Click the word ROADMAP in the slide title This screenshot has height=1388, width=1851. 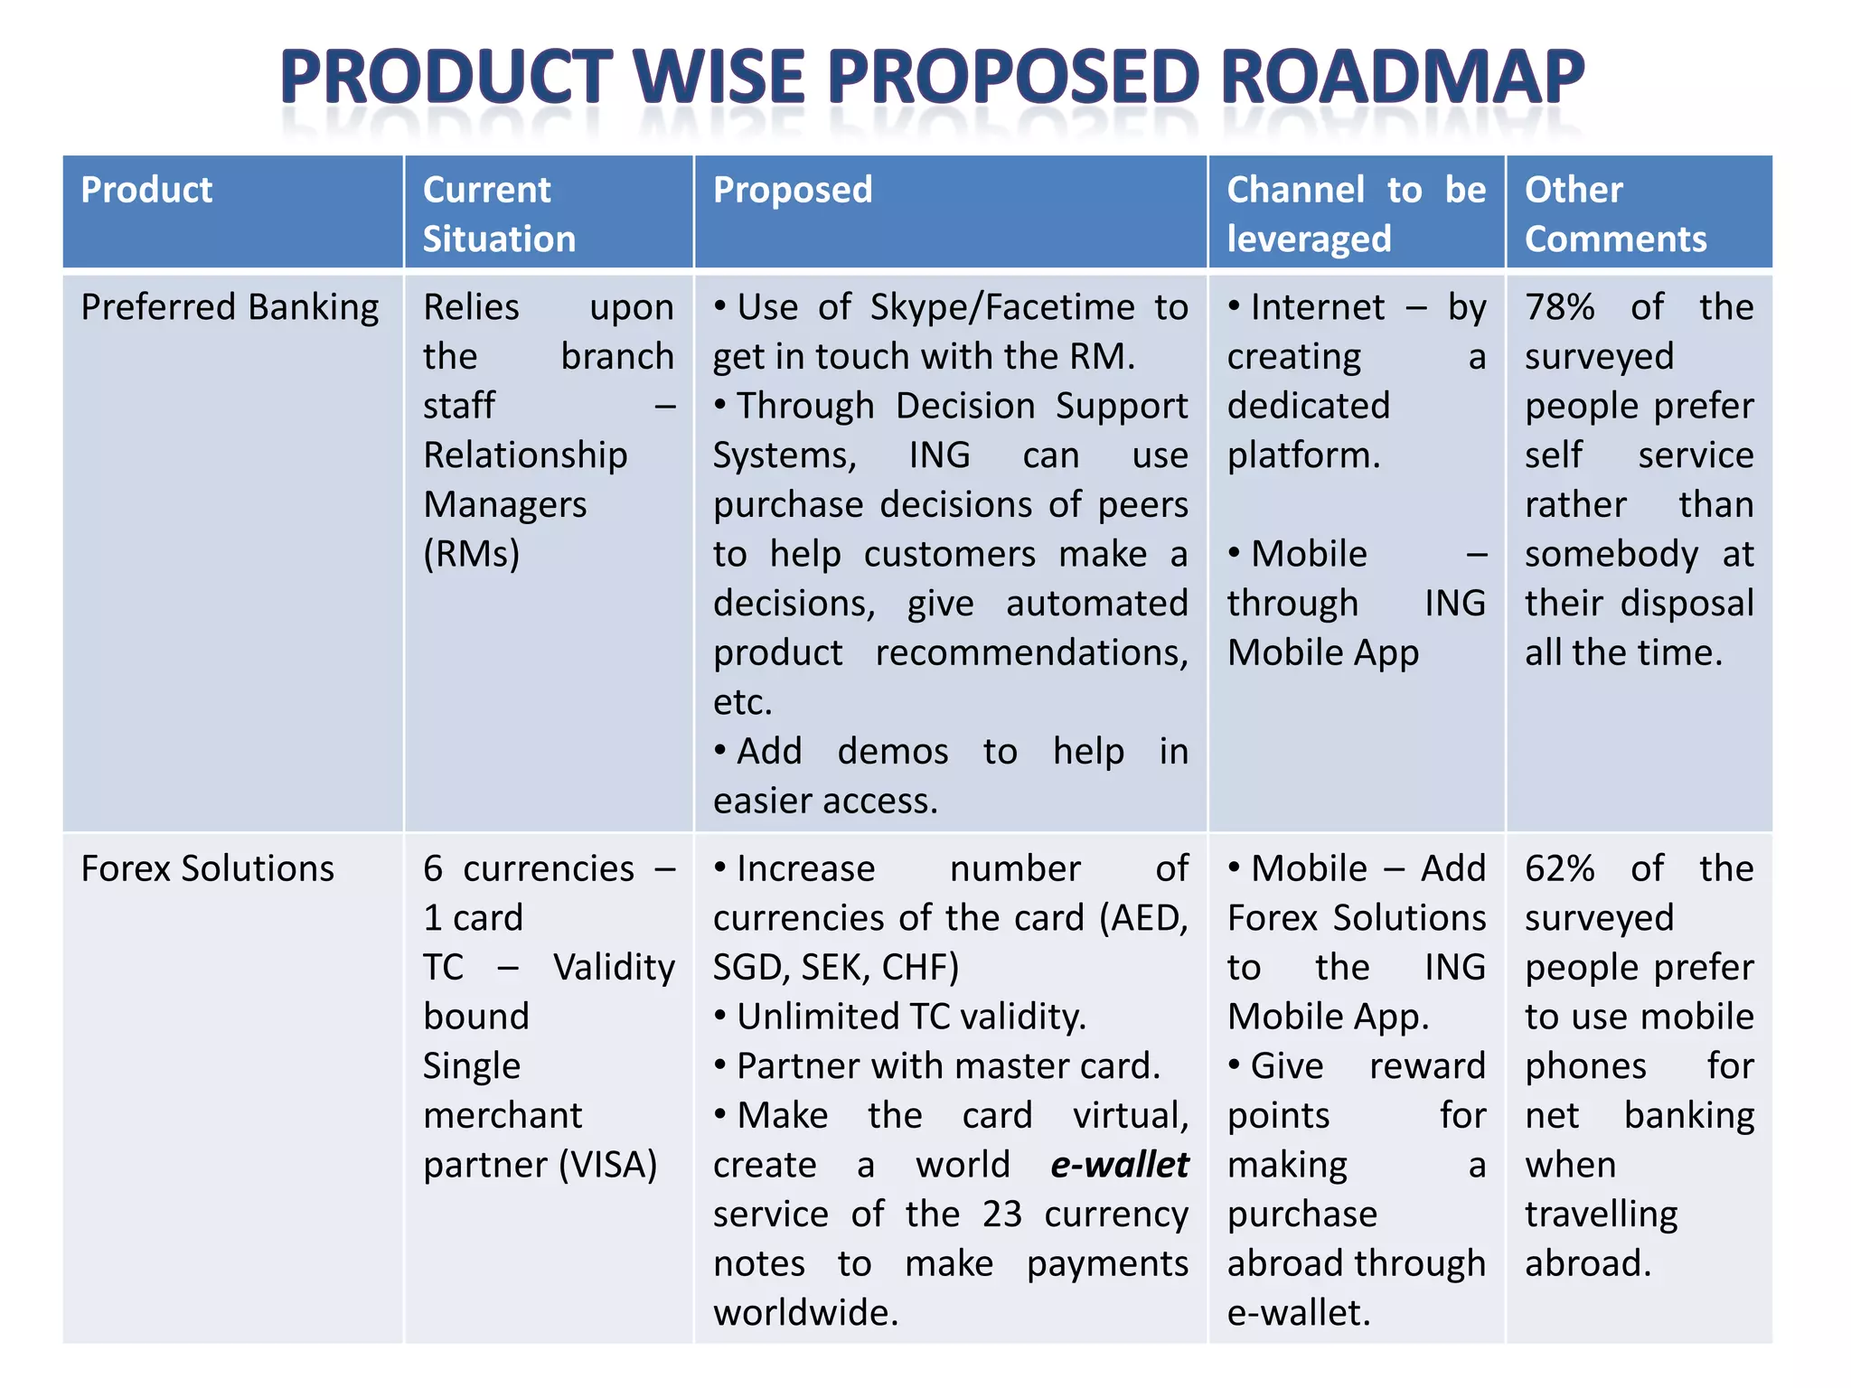click(x=1403, y=78)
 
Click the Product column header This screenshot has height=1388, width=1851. click(x=146, y=190)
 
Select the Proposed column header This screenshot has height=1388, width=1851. click(x=793, y=190)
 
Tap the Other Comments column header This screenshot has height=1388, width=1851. click(x=1615, y=214)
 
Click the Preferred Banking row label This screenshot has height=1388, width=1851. click(x=230, y=307)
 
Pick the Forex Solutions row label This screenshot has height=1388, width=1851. click(x=207, y=868)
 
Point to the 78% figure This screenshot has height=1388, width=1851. click(x=1559, y=307)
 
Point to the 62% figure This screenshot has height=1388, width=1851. click(x=1559, y=868)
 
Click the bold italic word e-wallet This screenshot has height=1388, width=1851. click(x=1119, y=1165)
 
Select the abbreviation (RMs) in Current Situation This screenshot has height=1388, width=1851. click(x=471, y=554)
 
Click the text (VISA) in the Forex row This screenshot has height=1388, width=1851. click(x=607, y=1165)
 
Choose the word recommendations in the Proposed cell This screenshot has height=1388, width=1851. click(x=1031, y=652)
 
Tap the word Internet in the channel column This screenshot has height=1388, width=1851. click(x=1318, y=307)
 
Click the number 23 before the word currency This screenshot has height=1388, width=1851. click(x=1001, y=1214)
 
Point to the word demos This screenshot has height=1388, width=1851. click(x=893, y=752)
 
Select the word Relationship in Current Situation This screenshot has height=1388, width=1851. click(x=525, y=455)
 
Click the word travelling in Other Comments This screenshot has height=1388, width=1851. click(x=1601, y=1214)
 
